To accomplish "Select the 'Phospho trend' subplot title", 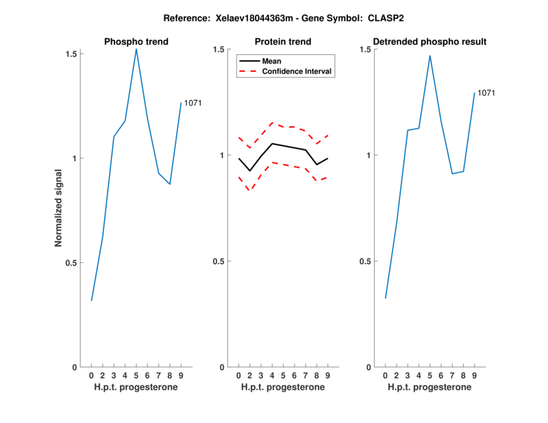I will [136, 42].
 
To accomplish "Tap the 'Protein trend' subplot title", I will [283, 42].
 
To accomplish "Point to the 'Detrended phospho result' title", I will [430, 42].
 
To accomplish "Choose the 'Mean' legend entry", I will [272, 61].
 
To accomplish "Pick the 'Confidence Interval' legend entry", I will [298, 71].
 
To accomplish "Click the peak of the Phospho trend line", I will [136, 49].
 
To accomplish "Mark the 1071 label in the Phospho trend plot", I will [192, 103].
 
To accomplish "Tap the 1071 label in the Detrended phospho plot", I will [486, 93].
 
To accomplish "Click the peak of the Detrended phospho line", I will [430, 55].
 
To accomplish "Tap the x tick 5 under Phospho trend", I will [136, 375].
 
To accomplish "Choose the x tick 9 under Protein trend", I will [328, 375].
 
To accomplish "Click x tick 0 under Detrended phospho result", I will [385, 375].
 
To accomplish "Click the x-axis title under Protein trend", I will [283, 387].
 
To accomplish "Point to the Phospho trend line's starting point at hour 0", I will [92, 300].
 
